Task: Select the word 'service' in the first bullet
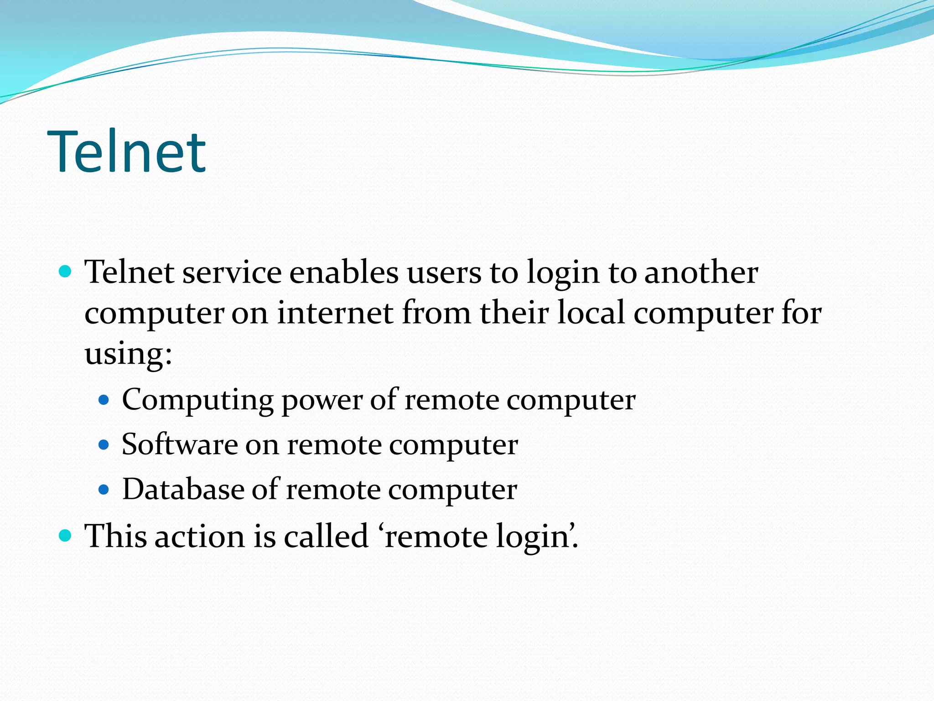pos(232,272)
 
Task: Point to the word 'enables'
pos(344,272)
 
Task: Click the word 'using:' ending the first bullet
pos(128,354)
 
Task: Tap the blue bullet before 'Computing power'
pos(104,400)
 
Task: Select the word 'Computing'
pos(197,400)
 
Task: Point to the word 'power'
pos(322,400)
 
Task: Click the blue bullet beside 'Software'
pos(104,445)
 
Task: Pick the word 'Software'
pos(180,445)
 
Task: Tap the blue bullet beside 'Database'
pos(104,490)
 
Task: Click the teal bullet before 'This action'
pos(66,535)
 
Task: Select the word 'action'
pos(200,536)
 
